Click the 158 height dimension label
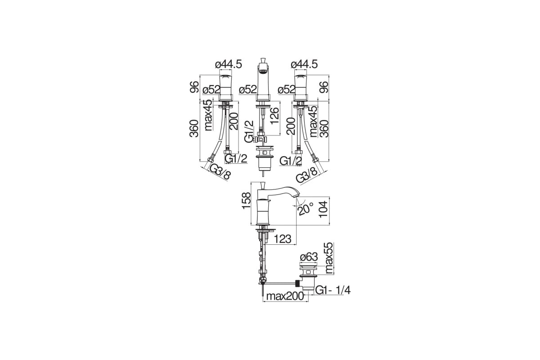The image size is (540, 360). point(246,201)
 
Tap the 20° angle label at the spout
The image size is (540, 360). point(306,209)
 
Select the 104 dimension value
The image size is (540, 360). point(323,209)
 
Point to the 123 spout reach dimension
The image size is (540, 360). point(283,239)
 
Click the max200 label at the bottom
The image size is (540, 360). point(285,297)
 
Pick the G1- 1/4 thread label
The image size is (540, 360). point(333,290)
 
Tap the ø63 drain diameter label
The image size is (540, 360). point(309,257)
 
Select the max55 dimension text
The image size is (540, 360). point(329,258)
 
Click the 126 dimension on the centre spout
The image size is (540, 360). point(274,116)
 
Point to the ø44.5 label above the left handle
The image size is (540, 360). point(228,64)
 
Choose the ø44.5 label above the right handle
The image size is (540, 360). point(304,64)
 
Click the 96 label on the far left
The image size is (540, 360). point(194,87)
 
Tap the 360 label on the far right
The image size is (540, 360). point(324,129)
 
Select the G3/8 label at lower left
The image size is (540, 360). point(220,172)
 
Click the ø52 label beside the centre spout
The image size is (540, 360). point(248,90)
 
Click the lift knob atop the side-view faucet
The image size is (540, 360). point(263,185)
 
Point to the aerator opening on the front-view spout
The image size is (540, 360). point(263,71)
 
